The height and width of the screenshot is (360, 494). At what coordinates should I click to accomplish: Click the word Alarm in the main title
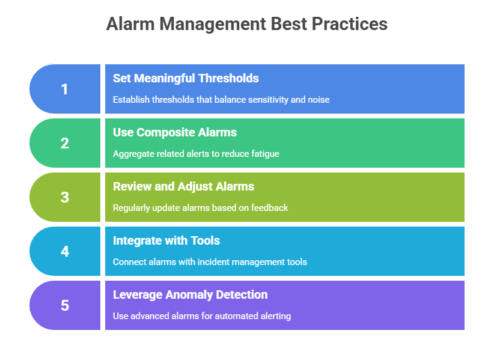(x=130, y=24)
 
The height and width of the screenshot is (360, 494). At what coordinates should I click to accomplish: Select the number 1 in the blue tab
(x=64, y=89)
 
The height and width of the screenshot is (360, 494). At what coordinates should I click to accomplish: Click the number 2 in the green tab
(x=65, y=143)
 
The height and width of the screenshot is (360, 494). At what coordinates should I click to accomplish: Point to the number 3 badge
(x=65, y=198)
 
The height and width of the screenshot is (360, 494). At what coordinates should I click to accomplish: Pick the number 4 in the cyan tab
(x=65, y=251)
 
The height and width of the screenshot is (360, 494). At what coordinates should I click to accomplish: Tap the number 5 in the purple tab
(x=65, y=305)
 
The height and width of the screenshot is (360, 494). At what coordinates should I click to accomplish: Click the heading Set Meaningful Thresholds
(x=186, y=78)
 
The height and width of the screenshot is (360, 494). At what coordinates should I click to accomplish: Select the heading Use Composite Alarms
(x=175, y=133)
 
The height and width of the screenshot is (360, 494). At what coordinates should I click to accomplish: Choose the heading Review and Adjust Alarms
(x=183, y=187)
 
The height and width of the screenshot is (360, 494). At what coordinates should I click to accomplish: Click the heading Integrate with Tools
(x=166, y=240)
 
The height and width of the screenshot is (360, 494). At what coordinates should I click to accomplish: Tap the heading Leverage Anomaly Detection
(x=191, y=295)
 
